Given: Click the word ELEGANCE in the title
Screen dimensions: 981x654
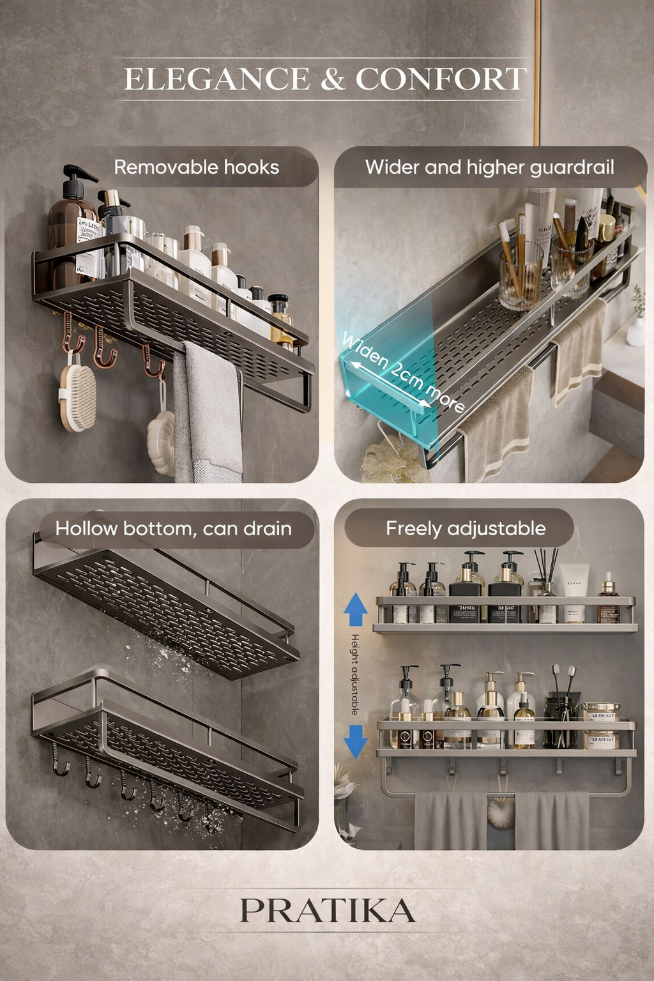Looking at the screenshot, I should pyautogui.click(x=217, y=80).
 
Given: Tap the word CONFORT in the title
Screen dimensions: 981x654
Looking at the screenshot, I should pyautogui.click(x=441, y=80).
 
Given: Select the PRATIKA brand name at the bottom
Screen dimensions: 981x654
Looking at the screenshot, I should pyautogui.click(x=327, y=911).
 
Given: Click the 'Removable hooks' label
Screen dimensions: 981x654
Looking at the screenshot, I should pyautogui.click(x=196, y=167).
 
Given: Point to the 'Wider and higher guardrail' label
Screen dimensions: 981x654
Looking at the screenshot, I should pyautogui.click(x=489, y=167).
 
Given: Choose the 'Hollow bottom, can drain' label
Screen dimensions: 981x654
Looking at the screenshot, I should pyautogui.click(x=173, y=529).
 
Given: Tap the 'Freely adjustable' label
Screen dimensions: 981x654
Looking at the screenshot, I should pyautogui.click(x=466, y=529).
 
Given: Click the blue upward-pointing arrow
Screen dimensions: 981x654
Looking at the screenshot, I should pyautogui.click(x=356, y=609).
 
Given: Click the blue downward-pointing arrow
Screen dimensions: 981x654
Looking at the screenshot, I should pyautogui.click(x=356, y=741).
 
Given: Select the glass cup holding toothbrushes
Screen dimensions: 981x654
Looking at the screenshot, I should pyautogui.click(x=521, y=278).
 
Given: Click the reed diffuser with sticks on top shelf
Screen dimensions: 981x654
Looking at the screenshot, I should pyautogui.click(x=547, y=594).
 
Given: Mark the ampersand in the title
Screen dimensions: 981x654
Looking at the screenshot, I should pyautogui.click(x=333, y=80).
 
